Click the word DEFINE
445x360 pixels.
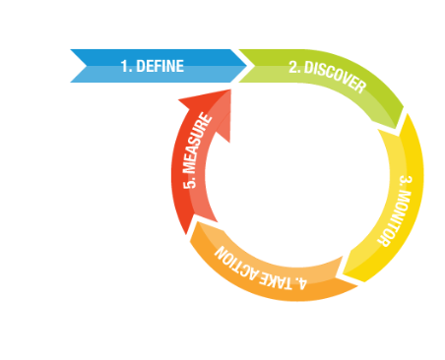pos(159,66)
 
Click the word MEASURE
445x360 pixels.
pos(197,156)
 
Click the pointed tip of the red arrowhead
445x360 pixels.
pos(229,90)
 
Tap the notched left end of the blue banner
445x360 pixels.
pos(78,66)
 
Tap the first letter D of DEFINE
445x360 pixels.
pos(141,66)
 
